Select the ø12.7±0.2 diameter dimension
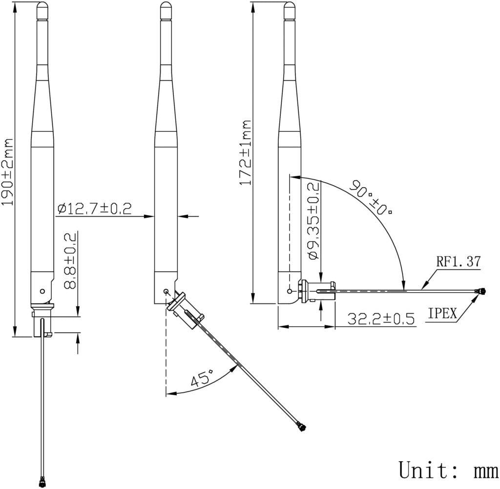(x=95, y=209)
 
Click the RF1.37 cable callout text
(x=458, y=262)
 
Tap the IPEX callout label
(x=443, y=314)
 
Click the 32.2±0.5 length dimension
(x=381, y=319)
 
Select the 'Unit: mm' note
(x=448, y=470)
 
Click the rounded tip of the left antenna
(x=43, y=6)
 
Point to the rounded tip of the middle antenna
(x=167, y=6)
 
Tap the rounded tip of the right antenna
(x=290, y=6)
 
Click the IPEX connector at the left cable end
(x=40, y=481)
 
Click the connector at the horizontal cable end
(x=481, y=292)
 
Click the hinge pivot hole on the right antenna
(x=291, y=291)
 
